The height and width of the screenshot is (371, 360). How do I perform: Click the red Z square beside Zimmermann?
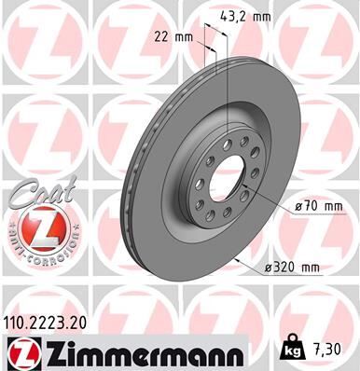pos(20,351)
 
